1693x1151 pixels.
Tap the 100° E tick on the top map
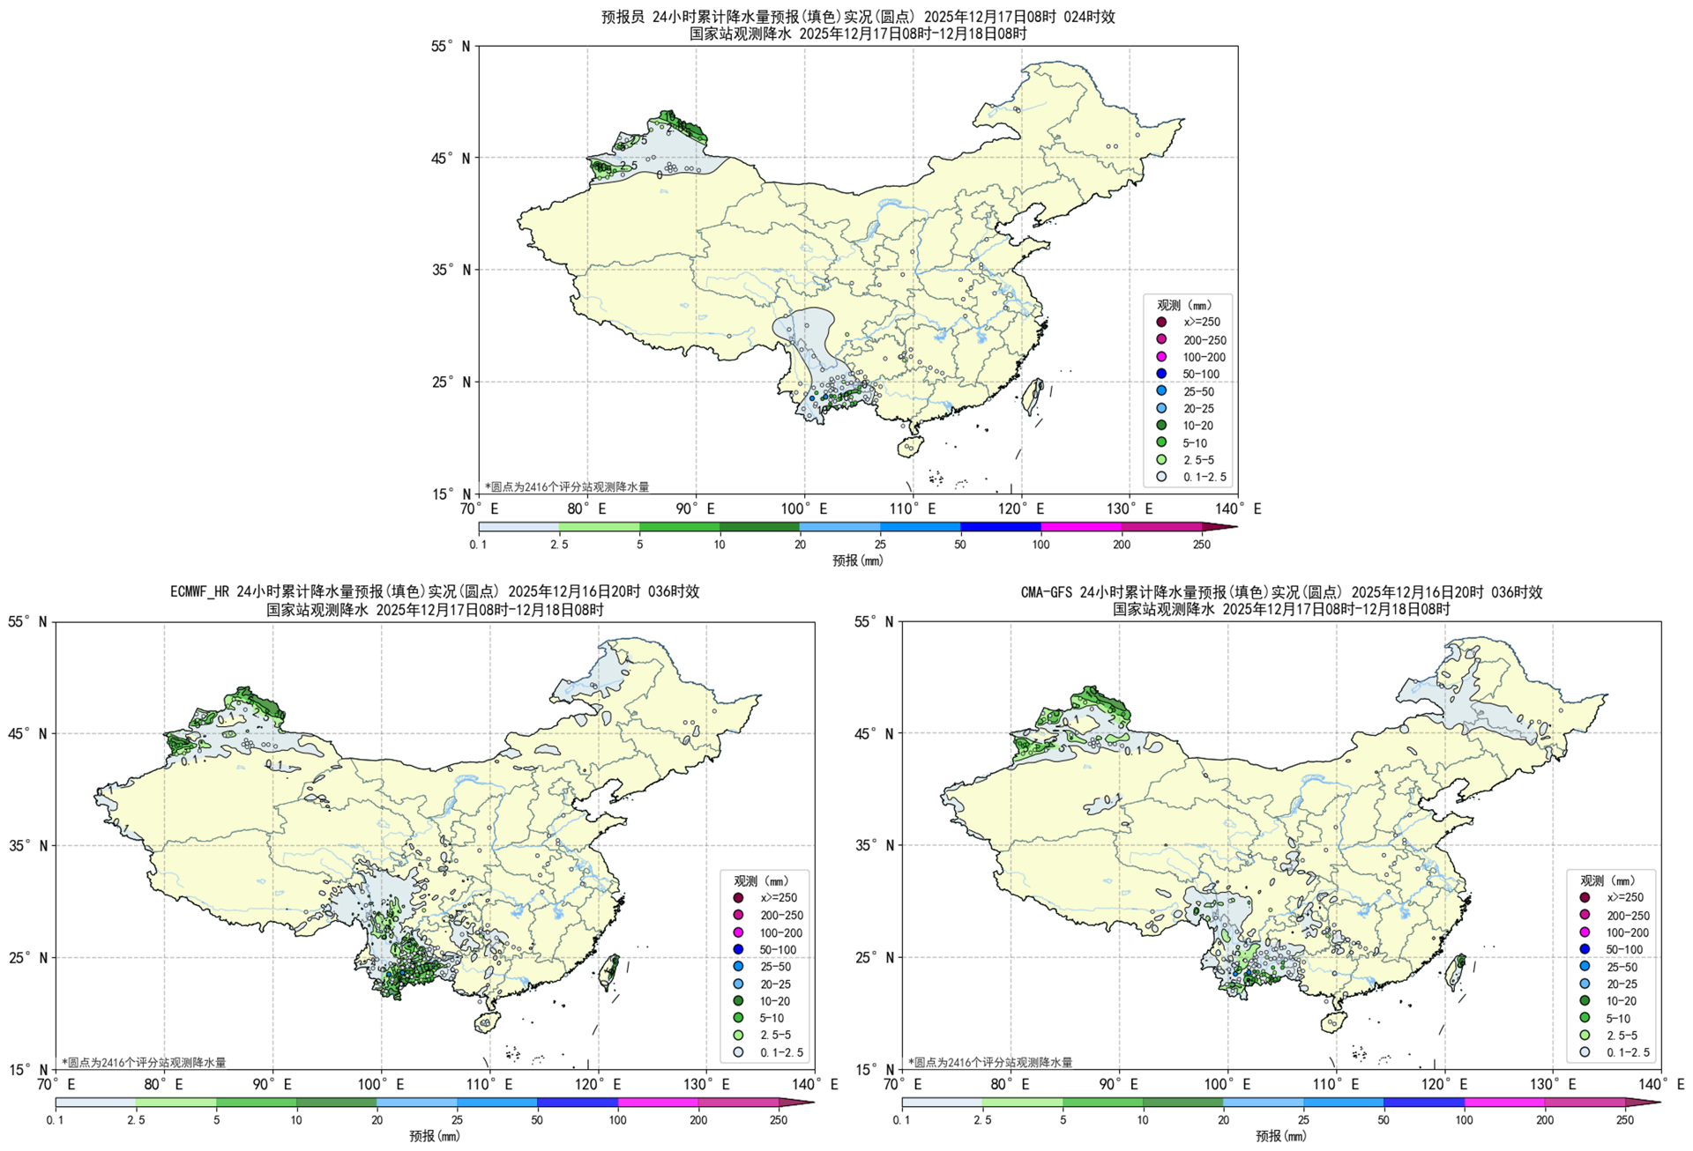coord(803,509)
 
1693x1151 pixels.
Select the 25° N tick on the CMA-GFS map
coord(876,957)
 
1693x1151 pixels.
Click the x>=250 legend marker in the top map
coord(1161,323)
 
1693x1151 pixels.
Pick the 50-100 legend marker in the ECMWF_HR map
coord(738,949)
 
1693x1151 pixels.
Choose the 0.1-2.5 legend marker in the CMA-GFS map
coord(1585,1051)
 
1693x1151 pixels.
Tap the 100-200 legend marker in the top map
coord(1161,357)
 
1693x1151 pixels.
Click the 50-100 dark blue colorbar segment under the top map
coord(1000,527)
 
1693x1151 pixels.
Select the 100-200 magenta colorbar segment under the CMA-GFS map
coord(1504,1103)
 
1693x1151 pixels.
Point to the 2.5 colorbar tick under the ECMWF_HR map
coord(136,1120)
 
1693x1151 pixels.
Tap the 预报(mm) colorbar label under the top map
coord(857,561)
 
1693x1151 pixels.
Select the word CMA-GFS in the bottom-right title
coord(1048,592)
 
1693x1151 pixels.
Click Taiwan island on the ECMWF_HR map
coord(609,969)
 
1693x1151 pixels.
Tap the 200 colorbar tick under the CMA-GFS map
coord(1545,1120)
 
